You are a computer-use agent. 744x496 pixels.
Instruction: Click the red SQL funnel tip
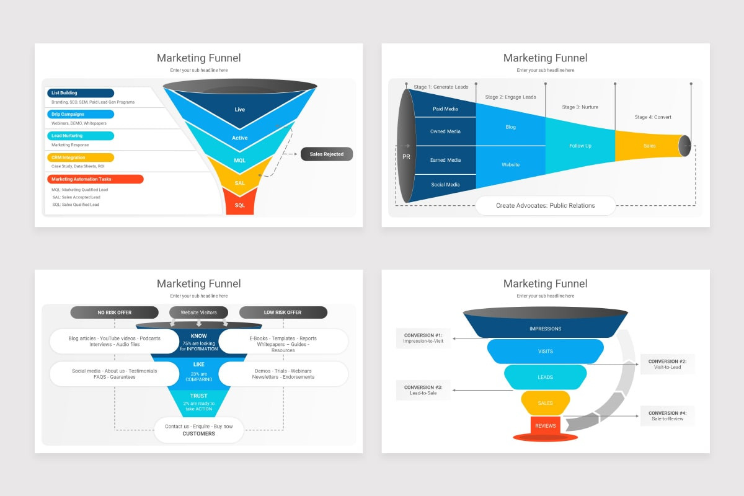coord(240,205)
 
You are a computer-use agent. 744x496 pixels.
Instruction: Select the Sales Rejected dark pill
coord(327,154)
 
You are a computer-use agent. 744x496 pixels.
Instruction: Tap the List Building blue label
coord(81,93)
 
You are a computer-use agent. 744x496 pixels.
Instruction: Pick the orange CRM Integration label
coord(81,157)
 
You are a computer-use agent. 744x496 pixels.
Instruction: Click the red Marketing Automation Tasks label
coord(95,179)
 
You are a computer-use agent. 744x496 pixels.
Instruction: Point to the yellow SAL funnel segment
coord(240,183)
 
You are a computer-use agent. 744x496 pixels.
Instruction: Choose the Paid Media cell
coord(445,109)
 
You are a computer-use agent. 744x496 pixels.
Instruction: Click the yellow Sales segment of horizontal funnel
coord(649,146)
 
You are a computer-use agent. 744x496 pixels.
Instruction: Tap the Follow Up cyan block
coord(580,146)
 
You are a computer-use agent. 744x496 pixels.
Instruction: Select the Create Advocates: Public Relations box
coord(546,205)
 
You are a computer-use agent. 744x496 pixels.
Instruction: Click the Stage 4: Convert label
coord(653,117)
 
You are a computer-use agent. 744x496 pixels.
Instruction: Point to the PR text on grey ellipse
coord(406,157)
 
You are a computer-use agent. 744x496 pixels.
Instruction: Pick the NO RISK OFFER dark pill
coord(114,312)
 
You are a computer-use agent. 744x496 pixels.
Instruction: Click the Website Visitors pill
coord(198,312)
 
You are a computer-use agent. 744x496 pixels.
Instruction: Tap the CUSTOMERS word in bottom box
coord(198,434)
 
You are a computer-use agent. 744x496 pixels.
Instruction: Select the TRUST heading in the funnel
coord(199,396)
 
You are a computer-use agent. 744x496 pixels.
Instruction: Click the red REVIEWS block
coord(546,426)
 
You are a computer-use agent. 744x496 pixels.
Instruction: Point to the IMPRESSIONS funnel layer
coord(546,329)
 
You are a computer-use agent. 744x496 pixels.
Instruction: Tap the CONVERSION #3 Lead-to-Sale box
coord(423,390)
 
